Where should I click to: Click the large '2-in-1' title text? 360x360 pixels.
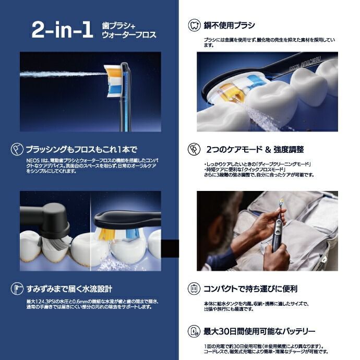tap(62, 30)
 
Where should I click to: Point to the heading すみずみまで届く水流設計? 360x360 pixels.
tap(69, 289)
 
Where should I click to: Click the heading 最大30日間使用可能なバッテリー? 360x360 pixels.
tap(259, 331)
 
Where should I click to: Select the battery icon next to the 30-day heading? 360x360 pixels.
tap(193, 331)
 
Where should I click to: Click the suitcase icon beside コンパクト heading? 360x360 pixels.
tap(193, 289)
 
